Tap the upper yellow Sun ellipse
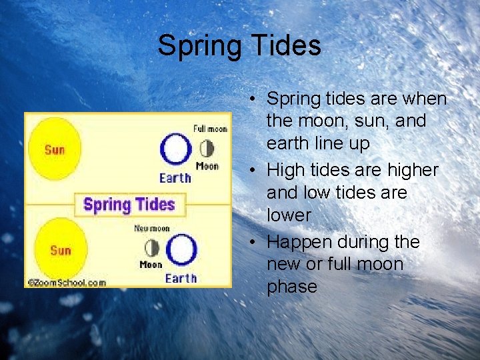click(x=55, y=149)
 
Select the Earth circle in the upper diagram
click(x=175, y=149)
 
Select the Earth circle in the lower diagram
click(x=181, y=250)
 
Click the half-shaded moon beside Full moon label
click(x=207, y=148)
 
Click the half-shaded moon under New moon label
click(x=152, y=249)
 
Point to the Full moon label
click(x=209, y=128)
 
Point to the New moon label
click(x=151, y=229)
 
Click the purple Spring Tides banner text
click(x=129, y=204)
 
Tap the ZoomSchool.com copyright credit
click(x=66, y=283)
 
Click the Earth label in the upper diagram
click(x=175, y=177)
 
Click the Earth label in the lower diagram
click(x=181, y=278)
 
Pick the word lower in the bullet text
click(x=289, y=215)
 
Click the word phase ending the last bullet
click(x=291, y=287)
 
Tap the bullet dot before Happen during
click(x=254, y=242)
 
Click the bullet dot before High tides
click(x=254, y=171)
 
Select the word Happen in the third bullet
click(x=296, y=242)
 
